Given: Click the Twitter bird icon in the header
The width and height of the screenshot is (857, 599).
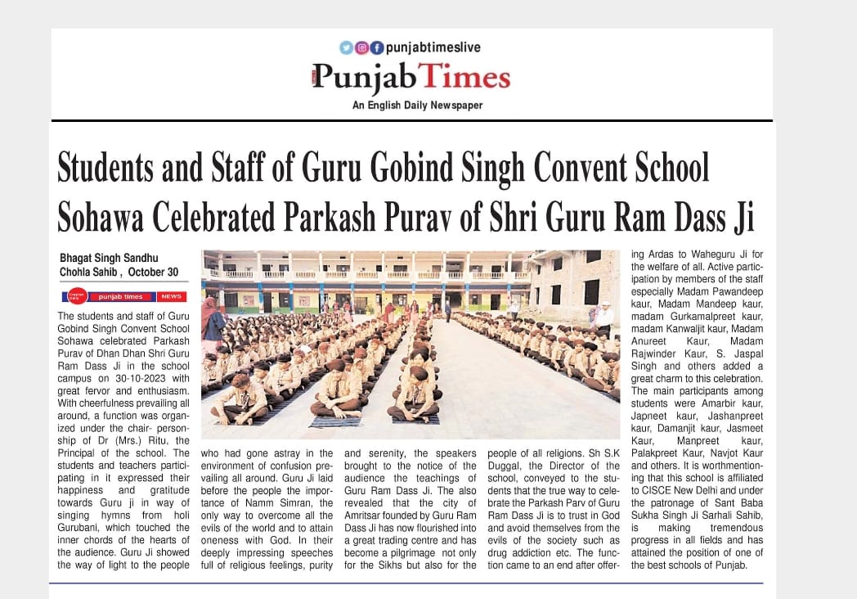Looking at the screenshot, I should pos(346,47).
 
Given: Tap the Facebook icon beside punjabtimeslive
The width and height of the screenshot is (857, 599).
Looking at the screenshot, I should pos(376,47).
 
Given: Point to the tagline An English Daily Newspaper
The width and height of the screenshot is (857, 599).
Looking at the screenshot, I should pos(417,106).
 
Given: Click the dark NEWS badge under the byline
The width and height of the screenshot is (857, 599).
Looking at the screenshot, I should pos(172,296).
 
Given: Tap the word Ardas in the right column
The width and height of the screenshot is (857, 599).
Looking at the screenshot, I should pos(662,256).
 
